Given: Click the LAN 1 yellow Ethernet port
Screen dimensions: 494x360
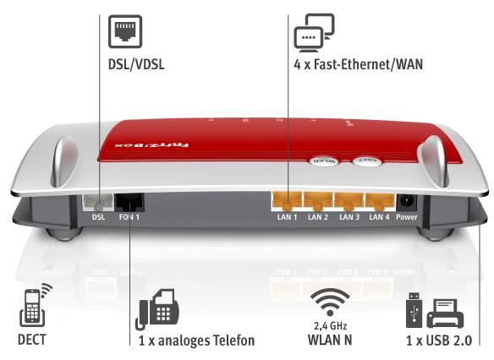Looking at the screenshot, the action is pyautogui.click(x=287, y=201).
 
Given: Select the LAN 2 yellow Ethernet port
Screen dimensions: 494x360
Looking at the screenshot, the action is pyautogui.click(x=318, y=201).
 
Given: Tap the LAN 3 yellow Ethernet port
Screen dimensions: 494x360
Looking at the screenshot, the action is pyautogui.click(x=349, y=201).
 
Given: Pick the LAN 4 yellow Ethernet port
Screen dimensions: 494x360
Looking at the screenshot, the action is pyautogui.click(x=379, y=201).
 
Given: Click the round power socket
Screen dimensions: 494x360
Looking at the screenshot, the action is pyautogui.click(x=407, y=202).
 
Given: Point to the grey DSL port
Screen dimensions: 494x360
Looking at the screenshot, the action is pyautogui.click(x=97, y=203).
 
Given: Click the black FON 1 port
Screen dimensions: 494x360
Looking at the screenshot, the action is pyautogui.click(x=129, y=203).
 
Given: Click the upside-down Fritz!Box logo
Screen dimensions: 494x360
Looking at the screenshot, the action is pyautogui.click(x=152, y=145).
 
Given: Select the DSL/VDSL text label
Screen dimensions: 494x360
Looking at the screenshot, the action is pyautogui.click(x=136, y=64).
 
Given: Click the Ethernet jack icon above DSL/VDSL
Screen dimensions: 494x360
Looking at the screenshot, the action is pyautogui.click(x=125, y=31).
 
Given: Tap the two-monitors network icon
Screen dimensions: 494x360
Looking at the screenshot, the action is pyautogui.click(x=314, y=33).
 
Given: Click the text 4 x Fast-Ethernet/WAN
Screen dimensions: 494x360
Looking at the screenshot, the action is pyautogui.click(x=358, y=64).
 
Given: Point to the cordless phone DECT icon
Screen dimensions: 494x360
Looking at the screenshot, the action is pyautogui.click(x=36, y=305).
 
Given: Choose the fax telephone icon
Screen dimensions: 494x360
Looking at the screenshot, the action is pyautogui.click(x=157, y=309).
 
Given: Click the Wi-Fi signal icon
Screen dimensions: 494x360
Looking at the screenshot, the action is pyautogui.click(x=330, y=302).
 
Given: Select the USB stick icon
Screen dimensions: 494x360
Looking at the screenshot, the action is pyautogui.click(x=414, y=310).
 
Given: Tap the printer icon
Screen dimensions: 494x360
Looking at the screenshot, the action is pyautogui.click(x=445, y=314).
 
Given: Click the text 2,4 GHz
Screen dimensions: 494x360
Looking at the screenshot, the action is pyautogui.click(x=330, y=325).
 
